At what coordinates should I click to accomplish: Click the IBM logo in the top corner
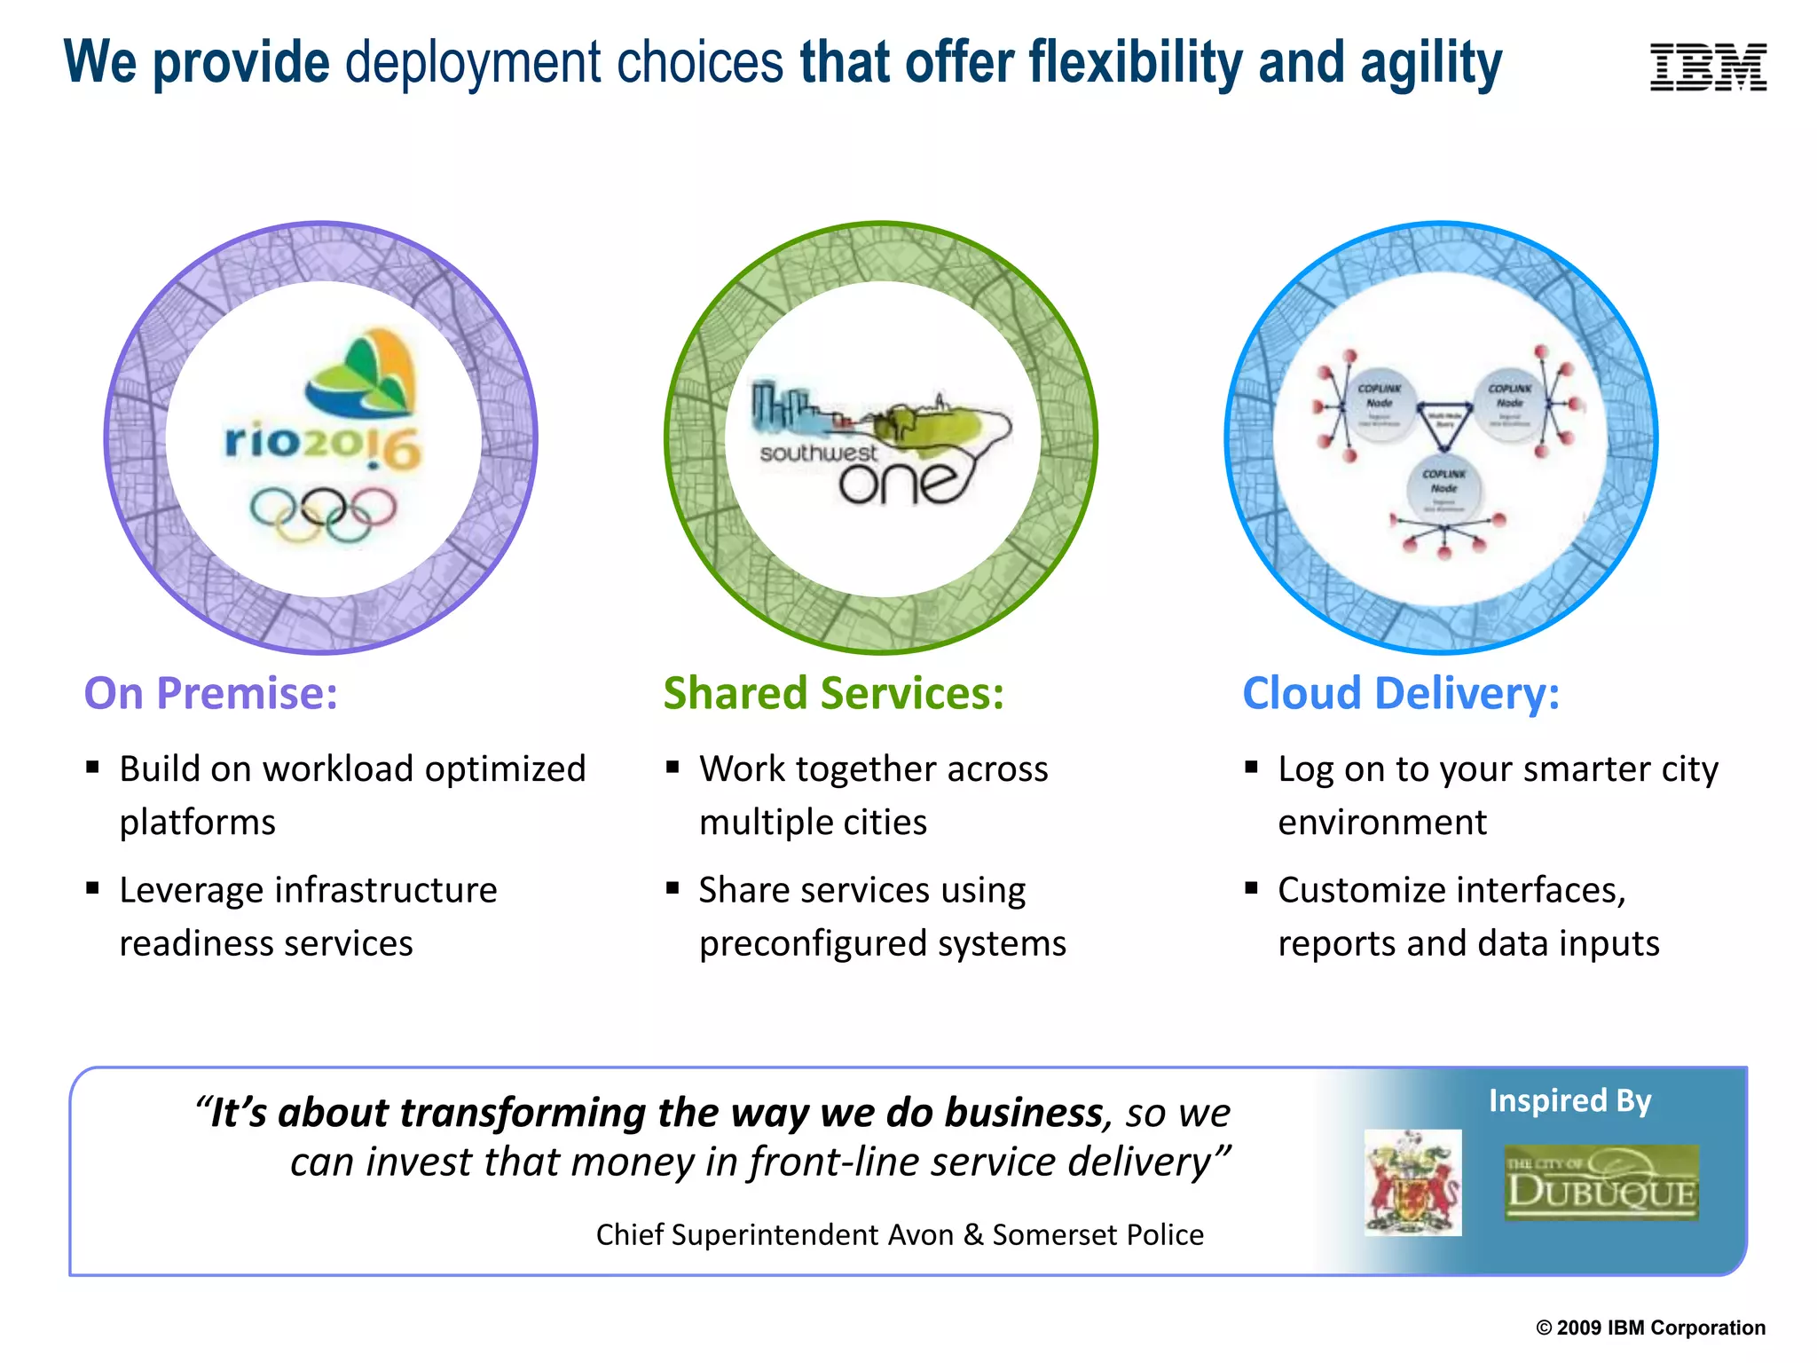pyautogui.click(x=1708, y=67)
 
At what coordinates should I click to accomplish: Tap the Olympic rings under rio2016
pyautogui.click(x=323, y=515)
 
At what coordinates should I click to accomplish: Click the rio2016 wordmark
pyautogui.click(x=323, y=444)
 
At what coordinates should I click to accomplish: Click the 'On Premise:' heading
pyautogui.click(x=211, y=694)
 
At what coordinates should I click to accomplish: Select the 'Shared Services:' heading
pyautogui.click(x=833, y=694)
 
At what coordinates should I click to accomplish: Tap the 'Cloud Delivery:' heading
pyautogui.click(x=1401, y=694)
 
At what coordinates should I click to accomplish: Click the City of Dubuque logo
pyautogui.click(x=1601, y=1183)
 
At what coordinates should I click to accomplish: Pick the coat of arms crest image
pyautogui.click(x=1412, y=1183)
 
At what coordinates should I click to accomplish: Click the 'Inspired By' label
pyautogui.click(x=1569, y=1101)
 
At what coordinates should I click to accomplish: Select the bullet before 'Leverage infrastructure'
pyautogui.click(x=92, y=888)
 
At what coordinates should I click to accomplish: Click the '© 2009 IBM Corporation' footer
pyautogui.click(x=1650, y=1328)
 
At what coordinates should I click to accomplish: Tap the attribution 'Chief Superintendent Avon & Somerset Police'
pyautogui.click(x=900, y=1235)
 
